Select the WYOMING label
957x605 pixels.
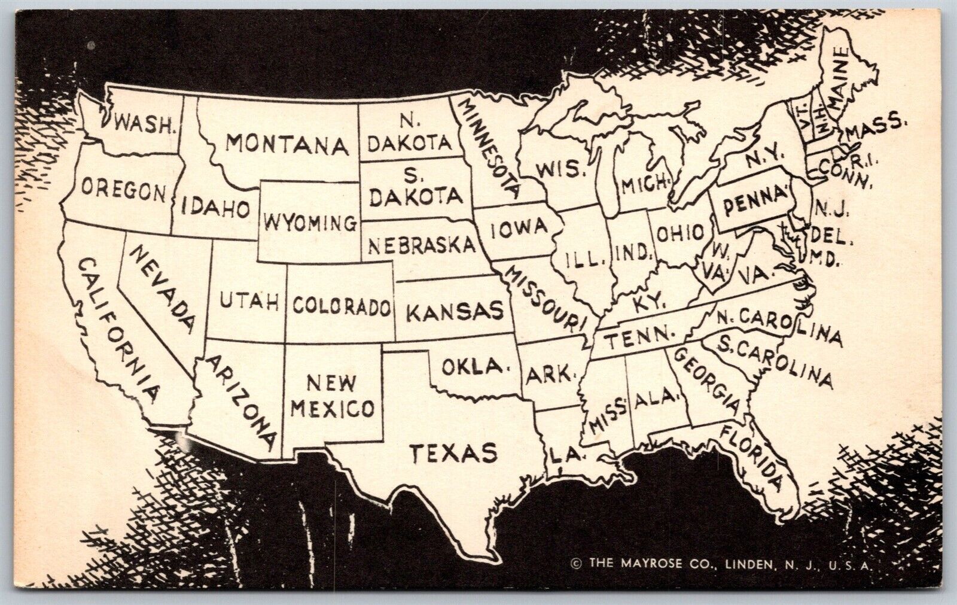(310, 224)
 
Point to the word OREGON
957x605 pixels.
(123, 191)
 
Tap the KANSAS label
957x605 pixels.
(456, 311)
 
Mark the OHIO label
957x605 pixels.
(679, 233)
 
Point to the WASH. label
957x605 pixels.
(144, 124)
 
